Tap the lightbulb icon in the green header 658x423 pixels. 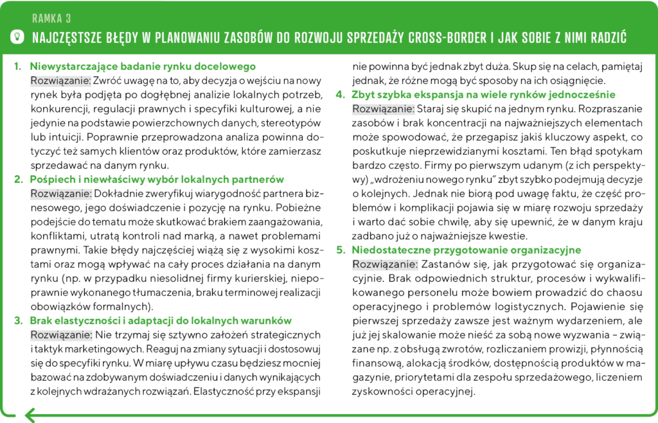17,37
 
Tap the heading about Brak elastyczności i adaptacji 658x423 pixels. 161,320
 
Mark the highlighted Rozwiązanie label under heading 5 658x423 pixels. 385,264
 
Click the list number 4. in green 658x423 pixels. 341,94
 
